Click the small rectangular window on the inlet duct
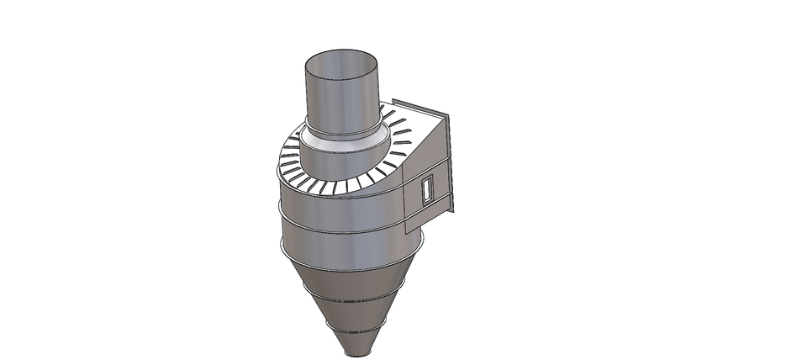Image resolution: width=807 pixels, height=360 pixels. [426, 189]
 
